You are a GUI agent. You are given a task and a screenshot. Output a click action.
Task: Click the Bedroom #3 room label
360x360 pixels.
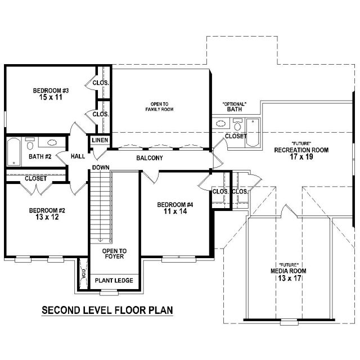coord(51,91)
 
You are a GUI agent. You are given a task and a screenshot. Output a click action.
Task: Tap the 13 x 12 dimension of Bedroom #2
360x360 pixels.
coord(47,217)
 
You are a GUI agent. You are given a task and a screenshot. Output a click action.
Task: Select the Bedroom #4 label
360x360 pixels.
coord(175,205)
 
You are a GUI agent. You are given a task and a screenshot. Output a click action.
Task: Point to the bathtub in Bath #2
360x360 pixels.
coord(13,152)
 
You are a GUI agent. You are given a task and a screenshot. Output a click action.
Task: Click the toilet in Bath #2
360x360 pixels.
coord(30,144)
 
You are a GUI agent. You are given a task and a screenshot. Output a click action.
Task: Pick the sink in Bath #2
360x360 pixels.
coord(52,142)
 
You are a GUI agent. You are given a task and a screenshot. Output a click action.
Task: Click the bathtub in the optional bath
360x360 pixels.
coord(253,133)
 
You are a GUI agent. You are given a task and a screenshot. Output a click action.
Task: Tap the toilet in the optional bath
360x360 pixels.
coord(237,124)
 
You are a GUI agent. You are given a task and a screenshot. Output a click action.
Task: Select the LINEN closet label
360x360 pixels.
coord(100,140)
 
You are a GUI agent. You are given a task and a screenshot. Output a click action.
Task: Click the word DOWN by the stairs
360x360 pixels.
coord(101,168)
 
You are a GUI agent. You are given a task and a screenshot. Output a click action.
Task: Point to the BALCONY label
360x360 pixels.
coord(150,158)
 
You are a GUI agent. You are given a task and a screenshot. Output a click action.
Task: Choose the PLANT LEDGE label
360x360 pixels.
coord(114,281)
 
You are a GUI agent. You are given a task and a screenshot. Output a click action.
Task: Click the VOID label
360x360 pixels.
coord(84,274)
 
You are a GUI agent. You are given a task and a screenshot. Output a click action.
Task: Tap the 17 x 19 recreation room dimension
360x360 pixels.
coord(301,157)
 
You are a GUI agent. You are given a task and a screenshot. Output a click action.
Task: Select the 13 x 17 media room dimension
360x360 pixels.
coord(290,278)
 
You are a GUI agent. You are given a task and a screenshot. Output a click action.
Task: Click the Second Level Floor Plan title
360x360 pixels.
coord(107,310)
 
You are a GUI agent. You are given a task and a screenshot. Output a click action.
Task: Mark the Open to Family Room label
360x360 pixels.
coord(159,107)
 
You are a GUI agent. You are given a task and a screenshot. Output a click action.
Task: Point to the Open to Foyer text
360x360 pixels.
coord(114,254)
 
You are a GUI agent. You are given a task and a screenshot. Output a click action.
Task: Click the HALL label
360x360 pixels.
coord(78,156)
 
